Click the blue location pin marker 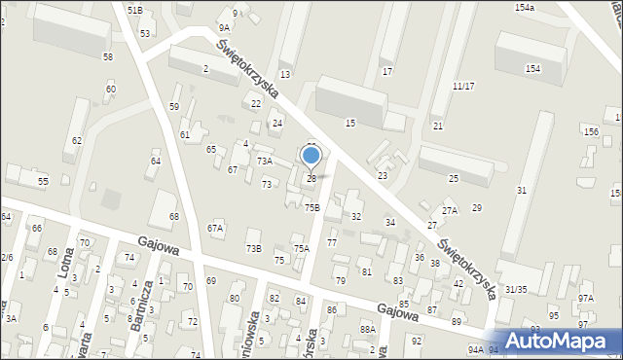click(311, 157)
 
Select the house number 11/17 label click(463, 86)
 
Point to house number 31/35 click(516, 289)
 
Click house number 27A click(449, 210)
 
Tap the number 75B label click(311, 207)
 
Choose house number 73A click(264, 161)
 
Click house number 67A click(215, 228)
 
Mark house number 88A click(367, 330)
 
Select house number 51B click(134, 9)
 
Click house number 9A click(225, 28)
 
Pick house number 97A click(585, 299)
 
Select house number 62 click(76, 141)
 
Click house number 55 click(43, 182)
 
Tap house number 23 click(383, 175)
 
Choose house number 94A click(475, 349)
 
